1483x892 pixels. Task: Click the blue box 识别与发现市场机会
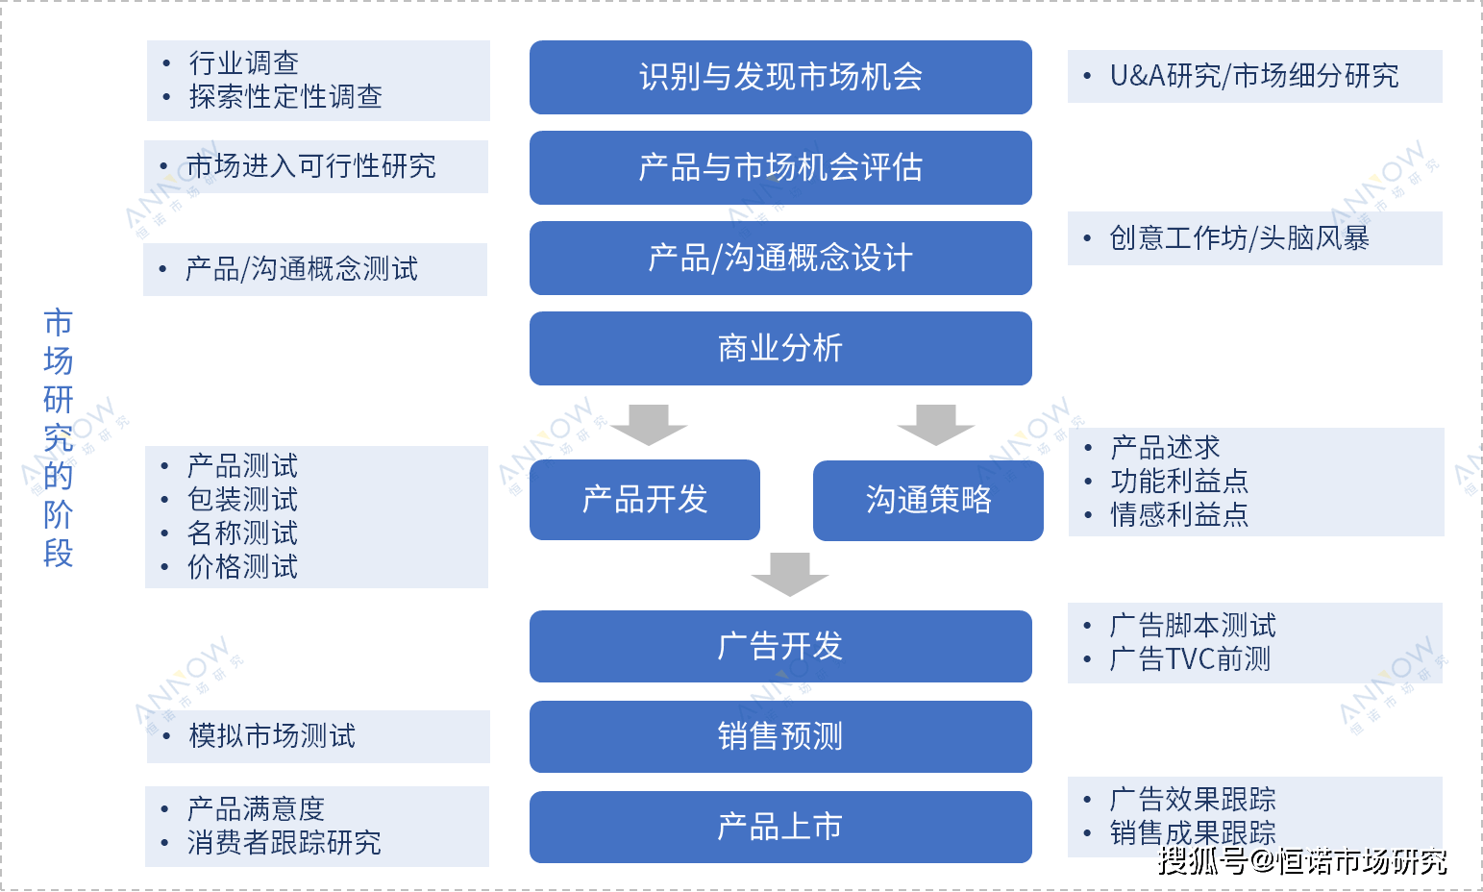(x=780, y=78)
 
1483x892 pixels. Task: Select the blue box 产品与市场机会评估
(x=780, y=167)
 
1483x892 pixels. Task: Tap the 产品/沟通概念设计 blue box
(x=780, y=259)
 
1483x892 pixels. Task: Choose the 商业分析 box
(x=780, y=348)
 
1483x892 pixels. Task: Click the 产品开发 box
(x=645, y=500)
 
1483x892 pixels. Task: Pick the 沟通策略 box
(x=928, y=501)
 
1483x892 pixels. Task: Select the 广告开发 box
(x=780, y=646)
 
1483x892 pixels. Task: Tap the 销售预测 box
(x=780, y=736)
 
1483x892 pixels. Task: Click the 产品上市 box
(x=780, y=827)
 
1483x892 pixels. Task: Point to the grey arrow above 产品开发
(x=649, y=426)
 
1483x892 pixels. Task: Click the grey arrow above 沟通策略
(x=936, y=426)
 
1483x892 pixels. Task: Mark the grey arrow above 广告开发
(x=790, y=575)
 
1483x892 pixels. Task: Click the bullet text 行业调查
(x=243, y=63)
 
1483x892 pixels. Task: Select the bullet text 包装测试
(x=242, y=499)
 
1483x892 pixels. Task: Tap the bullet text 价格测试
(x=242, y=567)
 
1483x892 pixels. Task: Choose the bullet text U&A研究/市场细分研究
(x=1254, y=76)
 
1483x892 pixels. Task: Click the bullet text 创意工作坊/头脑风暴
(x=1240, y=238)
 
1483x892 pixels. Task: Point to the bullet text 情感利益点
(x=1179, y=514)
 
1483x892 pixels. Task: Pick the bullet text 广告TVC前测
(x=1190, y=658)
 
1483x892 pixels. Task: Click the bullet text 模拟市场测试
(x=272, y=735)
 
